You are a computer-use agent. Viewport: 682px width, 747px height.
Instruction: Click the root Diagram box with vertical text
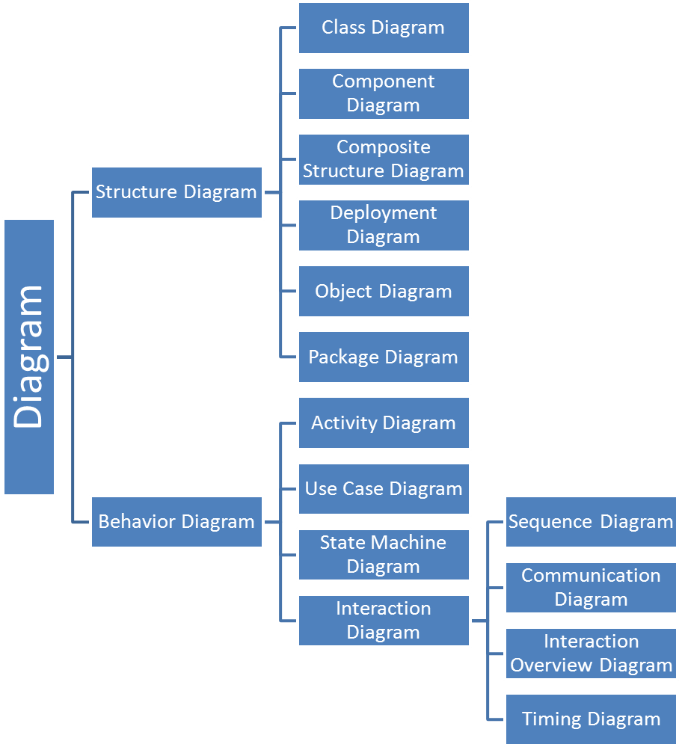(29, 357)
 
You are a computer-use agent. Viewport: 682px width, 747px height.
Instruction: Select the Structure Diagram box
(176, 192)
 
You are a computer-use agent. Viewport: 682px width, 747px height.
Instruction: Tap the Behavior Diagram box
(176, 521)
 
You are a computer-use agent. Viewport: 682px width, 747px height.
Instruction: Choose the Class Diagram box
(384, 28)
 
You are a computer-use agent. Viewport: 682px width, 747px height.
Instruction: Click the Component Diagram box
(384, 93)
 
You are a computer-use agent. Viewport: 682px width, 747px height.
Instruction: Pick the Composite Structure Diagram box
(384, 159)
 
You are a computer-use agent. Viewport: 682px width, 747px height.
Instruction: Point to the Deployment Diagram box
(384, 225)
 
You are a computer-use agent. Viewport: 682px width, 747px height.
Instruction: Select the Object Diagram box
(384, 291)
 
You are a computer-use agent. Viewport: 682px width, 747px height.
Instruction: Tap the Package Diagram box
(384, 357)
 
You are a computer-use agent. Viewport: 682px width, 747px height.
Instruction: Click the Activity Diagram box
(384, 422)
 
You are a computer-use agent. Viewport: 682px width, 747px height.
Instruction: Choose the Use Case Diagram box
(384, 488)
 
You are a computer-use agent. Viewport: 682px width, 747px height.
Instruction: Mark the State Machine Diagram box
(384, 554)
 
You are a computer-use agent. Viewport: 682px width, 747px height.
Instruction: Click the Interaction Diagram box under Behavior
(384, 620)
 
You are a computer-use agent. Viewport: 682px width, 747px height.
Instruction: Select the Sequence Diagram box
(591, 521)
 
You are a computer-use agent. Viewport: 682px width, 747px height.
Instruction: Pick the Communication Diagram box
(591, 587)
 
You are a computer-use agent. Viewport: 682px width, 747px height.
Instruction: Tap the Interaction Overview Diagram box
(591, 653)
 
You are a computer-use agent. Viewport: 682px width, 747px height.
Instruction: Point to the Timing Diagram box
(591, 719)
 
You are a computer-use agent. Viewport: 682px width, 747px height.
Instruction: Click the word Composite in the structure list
(384, 147)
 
